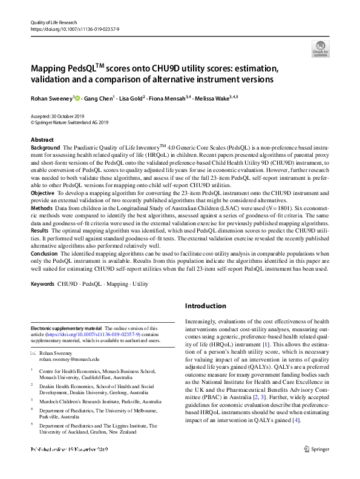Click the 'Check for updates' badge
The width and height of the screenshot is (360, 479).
click(320, 48)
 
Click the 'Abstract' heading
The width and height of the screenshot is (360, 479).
click(42, 140)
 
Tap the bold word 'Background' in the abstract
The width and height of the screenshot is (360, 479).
click(45, 148)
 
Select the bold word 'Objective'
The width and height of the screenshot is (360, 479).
click(43, 193)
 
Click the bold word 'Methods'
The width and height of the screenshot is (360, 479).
click(42, 208)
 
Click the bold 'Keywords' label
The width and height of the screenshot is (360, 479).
click(44, 284)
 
